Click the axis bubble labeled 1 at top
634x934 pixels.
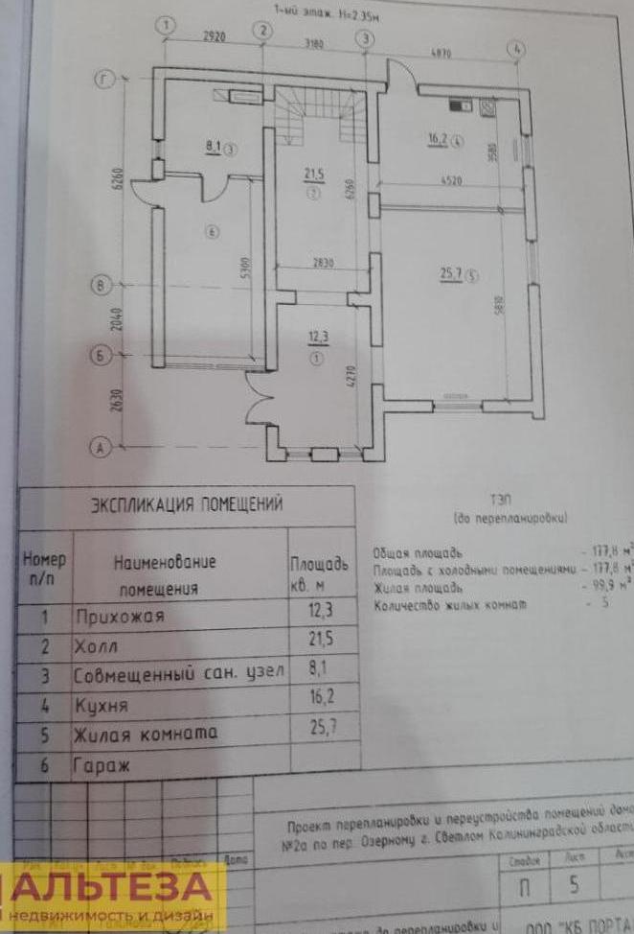[x=168, y=26]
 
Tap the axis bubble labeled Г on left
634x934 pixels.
[x=102, y=80]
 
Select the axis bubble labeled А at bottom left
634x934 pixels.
[x=98, y=446]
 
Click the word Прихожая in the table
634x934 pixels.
[x=119, y=617]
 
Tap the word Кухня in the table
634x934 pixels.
[x=101, y=706]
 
